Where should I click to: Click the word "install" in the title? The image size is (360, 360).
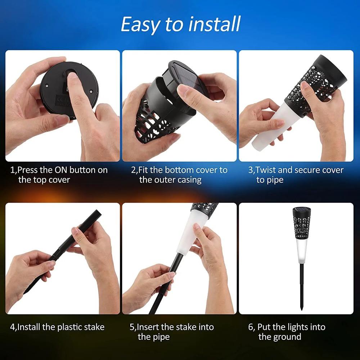214,24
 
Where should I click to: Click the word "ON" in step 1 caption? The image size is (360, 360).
61,170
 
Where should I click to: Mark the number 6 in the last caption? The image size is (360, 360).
250,327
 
